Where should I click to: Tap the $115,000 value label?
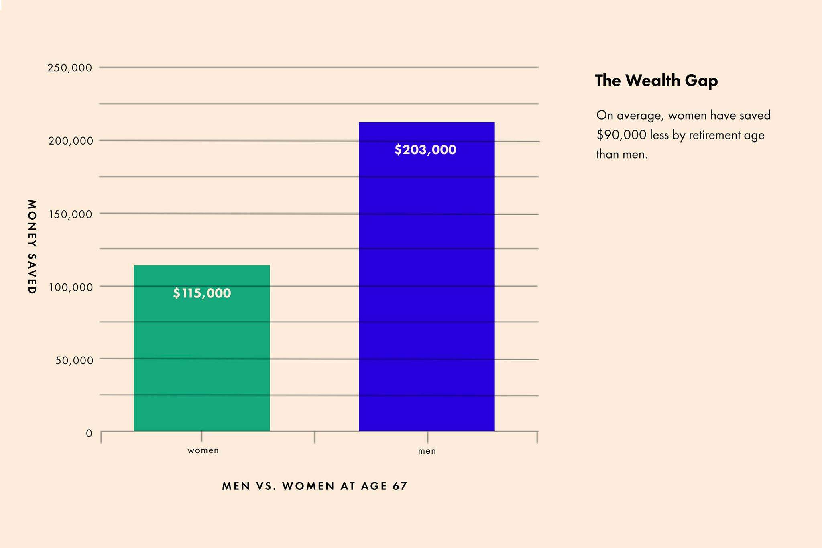202,293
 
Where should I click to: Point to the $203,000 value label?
425,150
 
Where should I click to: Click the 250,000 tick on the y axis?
69,68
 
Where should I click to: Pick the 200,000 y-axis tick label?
71,141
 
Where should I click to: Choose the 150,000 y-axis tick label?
71,214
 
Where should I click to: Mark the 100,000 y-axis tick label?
71,287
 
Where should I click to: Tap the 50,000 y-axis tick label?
74,360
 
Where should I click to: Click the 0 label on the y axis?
89,433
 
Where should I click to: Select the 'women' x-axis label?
203,450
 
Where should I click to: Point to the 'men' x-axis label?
427,451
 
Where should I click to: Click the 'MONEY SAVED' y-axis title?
32,246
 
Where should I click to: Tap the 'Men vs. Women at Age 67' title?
315,486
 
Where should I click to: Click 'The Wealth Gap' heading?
656,81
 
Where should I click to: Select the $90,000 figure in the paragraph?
621,135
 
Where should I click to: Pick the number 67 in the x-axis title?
401,486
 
